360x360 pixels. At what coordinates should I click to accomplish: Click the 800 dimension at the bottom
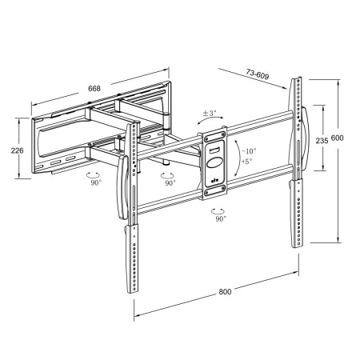(x=225, y=291)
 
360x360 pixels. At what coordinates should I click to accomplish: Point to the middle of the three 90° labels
(x=169, y=182)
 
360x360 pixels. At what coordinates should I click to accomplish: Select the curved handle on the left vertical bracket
(x=122, y=189)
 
